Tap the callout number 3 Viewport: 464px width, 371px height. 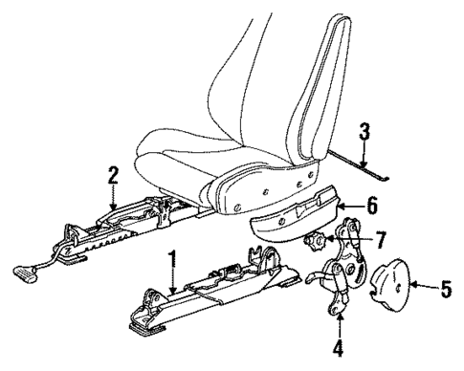[364, 130]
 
